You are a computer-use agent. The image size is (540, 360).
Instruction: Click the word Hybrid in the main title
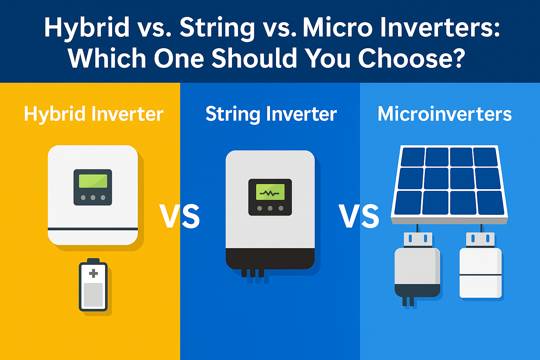click(86, 28)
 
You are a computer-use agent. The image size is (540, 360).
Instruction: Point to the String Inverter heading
click(271, 115)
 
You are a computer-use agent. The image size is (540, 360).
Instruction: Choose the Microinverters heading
click(444, 114)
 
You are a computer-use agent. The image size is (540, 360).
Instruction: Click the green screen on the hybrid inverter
click(93, 181)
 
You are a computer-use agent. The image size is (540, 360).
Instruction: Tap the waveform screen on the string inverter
click(270, 192)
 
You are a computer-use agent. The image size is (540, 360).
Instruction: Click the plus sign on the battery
click(93, 274)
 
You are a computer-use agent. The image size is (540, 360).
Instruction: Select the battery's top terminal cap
click(93, 261)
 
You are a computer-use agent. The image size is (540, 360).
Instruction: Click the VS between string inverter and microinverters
click(359, 216)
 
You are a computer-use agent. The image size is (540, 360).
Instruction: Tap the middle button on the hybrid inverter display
click(93, 198)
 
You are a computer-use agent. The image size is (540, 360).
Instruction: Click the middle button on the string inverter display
click(270, 208)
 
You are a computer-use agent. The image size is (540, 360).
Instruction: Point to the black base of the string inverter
click(270, 259)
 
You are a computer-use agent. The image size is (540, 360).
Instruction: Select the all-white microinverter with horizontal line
click(481, 265)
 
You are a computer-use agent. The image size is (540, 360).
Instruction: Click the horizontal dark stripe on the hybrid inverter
click(93, 229)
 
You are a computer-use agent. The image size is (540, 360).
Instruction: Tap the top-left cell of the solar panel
click(413, 157)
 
